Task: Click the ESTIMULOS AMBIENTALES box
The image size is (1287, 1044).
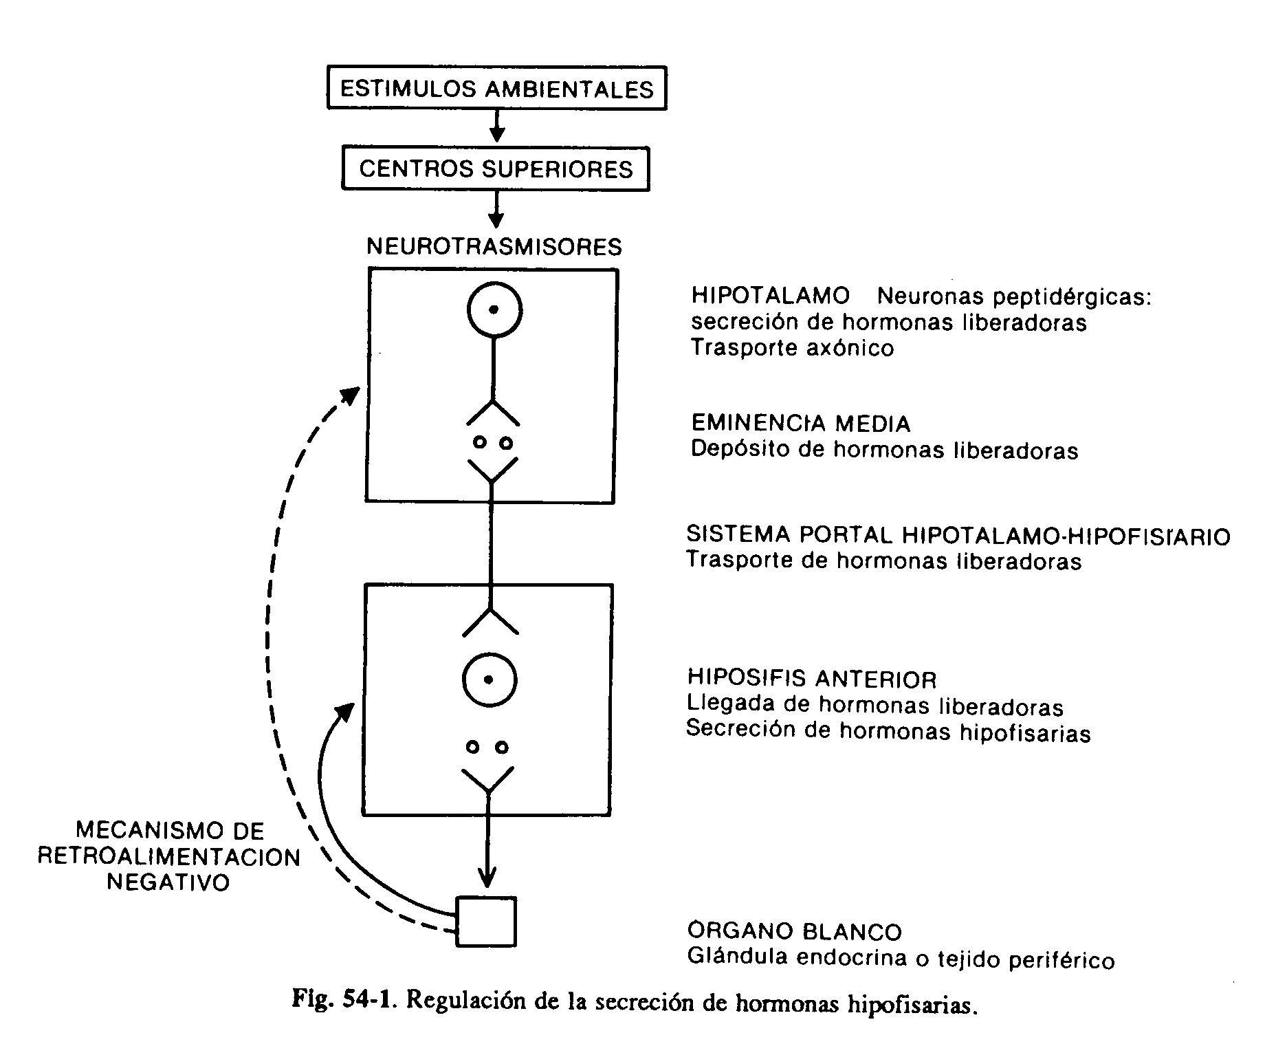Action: click(496, 89)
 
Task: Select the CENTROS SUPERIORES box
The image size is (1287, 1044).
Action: click(495, 169)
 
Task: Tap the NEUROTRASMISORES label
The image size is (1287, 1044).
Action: click(494, 246)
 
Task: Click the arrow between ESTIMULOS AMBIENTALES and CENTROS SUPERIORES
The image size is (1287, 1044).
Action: click(496, 128)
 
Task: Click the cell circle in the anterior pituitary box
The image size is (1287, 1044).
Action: click(488, 680)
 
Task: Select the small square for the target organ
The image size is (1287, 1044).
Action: click(486, 922)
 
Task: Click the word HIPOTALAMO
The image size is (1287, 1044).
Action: click(771, 296)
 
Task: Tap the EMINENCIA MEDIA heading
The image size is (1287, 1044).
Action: click(801, 424)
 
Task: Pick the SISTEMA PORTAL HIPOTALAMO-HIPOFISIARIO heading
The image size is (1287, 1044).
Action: click(958, 536)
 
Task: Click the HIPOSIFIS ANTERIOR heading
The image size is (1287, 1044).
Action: click(812, 679)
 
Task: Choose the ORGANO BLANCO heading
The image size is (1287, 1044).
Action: click(794, 932)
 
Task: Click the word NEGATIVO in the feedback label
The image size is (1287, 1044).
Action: click(168, 882)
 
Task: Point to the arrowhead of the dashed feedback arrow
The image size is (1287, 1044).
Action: click(351, 396)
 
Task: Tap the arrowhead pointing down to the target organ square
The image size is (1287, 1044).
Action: click(487, 880)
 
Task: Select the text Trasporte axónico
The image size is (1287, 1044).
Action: click(792, 348)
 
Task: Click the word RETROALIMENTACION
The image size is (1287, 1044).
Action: click(168, 858)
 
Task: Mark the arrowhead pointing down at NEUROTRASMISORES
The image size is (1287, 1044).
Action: click(495, 219)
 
